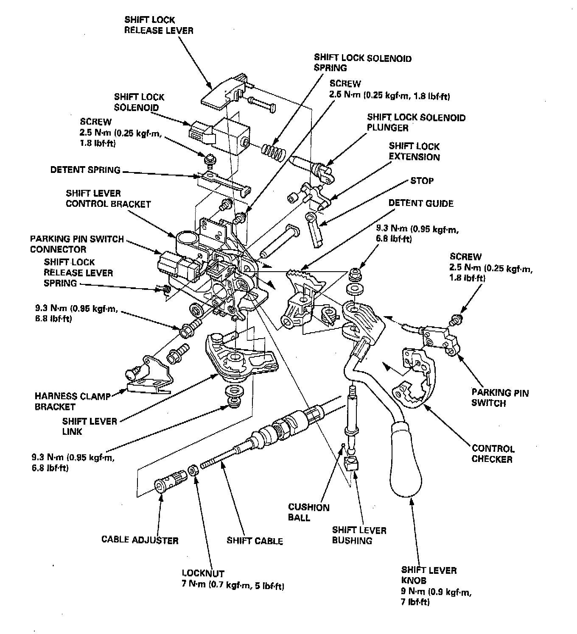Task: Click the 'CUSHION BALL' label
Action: click(x=308, y=512)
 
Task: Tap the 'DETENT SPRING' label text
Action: click(x=85, y=170)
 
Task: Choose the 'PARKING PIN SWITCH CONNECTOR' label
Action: click(x=76, y=244)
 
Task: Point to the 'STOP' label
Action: click(x=421, y=181)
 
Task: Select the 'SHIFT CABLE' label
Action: click(x=255, y=540)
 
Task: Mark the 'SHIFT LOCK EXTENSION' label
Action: click(x=414, y=152)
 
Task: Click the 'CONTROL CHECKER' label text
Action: click(x=493, y=453)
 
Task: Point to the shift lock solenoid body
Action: click(x=229, y=134)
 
